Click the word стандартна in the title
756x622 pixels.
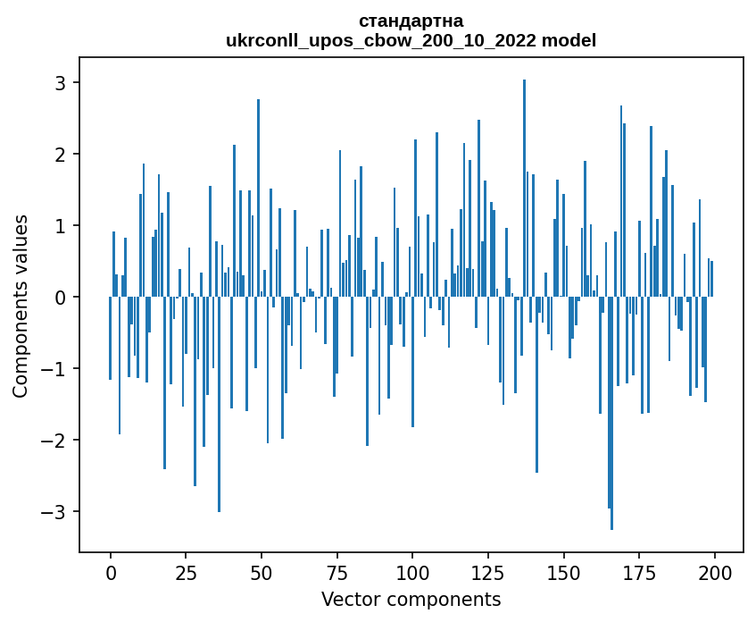pyautogui.click(x=411, y=21)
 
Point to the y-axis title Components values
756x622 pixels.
pyautogui.click(x=20, y=306)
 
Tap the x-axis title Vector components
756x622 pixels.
pyautogui.click(x=411, y=599)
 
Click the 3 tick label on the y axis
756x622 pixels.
pyautogui.click(x=62, y=83)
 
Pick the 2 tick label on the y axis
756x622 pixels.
pyautogui.click(x=62, y=155)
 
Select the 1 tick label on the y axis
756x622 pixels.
pyautogui.click(x=62, y=226)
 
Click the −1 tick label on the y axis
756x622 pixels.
pyautogui.click(x=56, y=369)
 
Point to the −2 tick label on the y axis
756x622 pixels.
pyautogui.click(x=56, y=441)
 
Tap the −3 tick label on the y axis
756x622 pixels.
pyautogui.click(x=56, y=512)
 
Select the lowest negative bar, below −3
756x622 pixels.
pyautogui.click(x=611, y=420)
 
